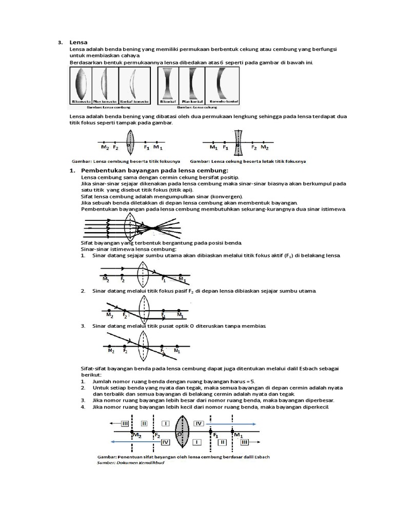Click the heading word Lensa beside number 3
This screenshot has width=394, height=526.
click(x=77, y=42)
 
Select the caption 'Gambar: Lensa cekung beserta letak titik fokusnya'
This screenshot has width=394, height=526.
click(x=248, y=161)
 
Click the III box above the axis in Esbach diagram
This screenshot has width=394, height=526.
click(x=125, y=424)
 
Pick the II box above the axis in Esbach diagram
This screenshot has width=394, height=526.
click(x=144, y=424)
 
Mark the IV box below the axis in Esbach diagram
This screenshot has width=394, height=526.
click(x=165, y=442)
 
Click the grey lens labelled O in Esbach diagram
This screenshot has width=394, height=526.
click(x=182, y=433)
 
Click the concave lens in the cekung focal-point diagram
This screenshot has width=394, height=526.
click(x=238, y=142)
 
